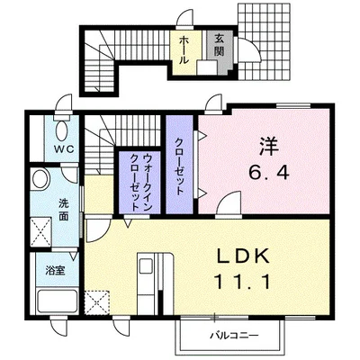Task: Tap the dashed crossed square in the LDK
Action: pos(96,300)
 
